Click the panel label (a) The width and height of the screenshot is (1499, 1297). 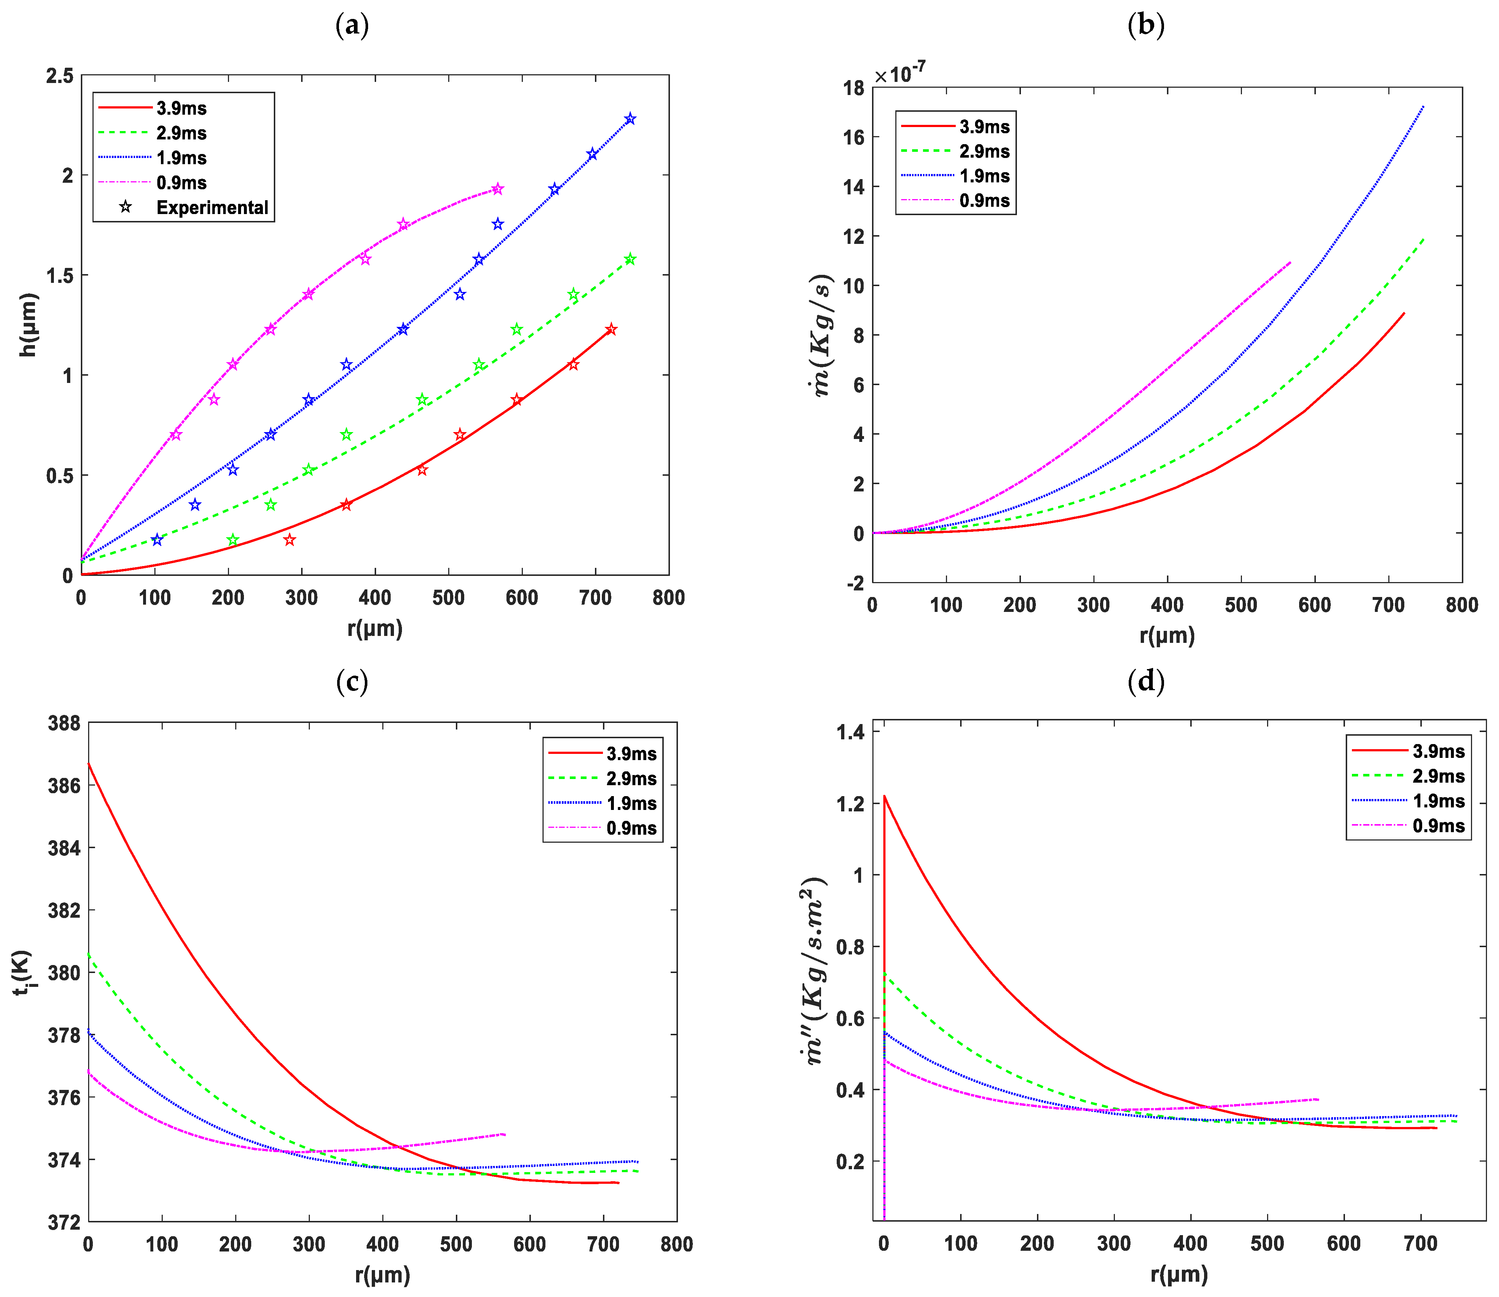point(352,26)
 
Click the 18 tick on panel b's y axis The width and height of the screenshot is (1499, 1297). point(854,88)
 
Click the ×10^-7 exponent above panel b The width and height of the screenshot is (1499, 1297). point(900,73)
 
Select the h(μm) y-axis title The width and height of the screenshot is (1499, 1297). point(28,325)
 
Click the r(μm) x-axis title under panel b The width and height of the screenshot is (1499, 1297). point(1167,636)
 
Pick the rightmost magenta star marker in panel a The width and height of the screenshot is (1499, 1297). point(497,189)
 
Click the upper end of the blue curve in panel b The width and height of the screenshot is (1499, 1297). point(1423,107)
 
